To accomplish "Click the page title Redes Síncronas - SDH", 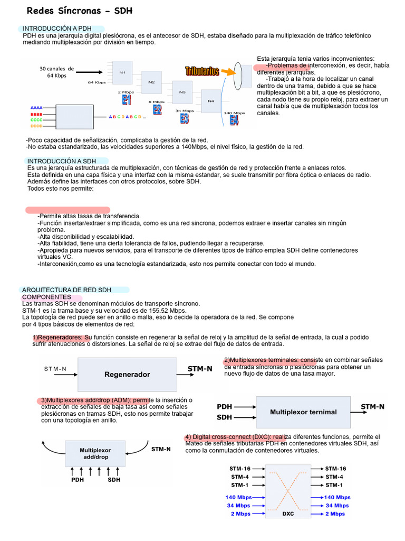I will click(72, 11).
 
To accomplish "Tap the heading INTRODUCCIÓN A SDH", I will click(62, 161).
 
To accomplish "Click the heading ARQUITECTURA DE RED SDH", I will click(67, 290).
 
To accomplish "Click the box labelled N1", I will click(122, 72).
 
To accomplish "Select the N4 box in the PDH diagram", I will click(211, 100).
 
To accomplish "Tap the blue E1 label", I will click(127, 100).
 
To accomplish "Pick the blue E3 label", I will click(184, 119).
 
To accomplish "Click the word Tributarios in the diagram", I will click(202, 71).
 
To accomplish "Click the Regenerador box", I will click(127, 375).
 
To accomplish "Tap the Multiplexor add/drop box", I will click(95, 454).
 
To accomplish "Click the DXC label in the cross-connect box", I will click(288, 514).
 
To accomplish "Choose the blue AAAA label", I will click(36, 108).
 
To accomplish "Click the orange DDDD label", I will click(36, 126).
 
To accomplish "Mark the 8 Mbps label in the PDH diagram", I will click(157, 101).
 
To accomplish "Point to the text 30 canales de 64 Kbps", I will click(56, 72).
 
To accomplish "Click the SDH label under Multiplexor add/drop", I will click(114, 480).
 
